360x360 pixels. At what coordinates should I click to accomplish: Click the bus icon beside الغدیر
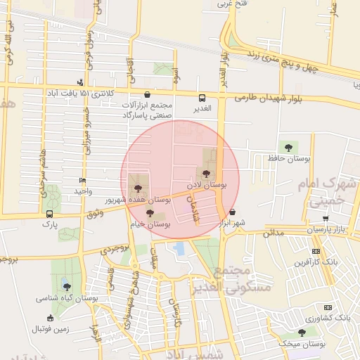tap(202, 98)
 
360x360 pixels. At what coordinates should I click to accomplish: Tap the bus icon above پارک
tap(49, 214)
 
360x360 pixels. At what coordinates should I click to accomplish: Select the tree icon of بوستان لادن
tap(206, 173)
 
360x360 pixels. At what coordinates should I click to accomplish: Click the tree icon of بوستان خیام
tap(150, 212)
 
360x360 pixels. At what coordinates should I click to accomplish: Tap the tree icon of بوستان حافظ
tap(287, 146)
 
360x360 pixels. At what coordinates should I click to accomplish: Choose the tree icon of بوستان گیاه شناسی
tap(67, 286)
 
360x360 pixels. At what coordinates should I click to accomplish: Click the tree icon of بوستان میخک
tap(302, 333)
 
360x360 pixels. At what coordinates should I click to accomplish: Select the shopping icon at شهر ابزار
tap(232, 212)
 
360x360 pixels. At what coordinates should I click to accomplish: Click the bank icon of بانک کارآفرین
tap(316, 251)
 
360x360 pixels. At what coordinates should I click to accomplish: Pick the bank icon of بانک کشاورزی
tap(328, 307)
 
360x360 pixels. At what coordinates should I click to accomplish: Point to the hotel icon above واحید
tap(83, 180)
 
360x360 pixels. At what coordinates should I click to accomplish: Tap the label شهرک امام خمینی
tap(327, 191)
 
